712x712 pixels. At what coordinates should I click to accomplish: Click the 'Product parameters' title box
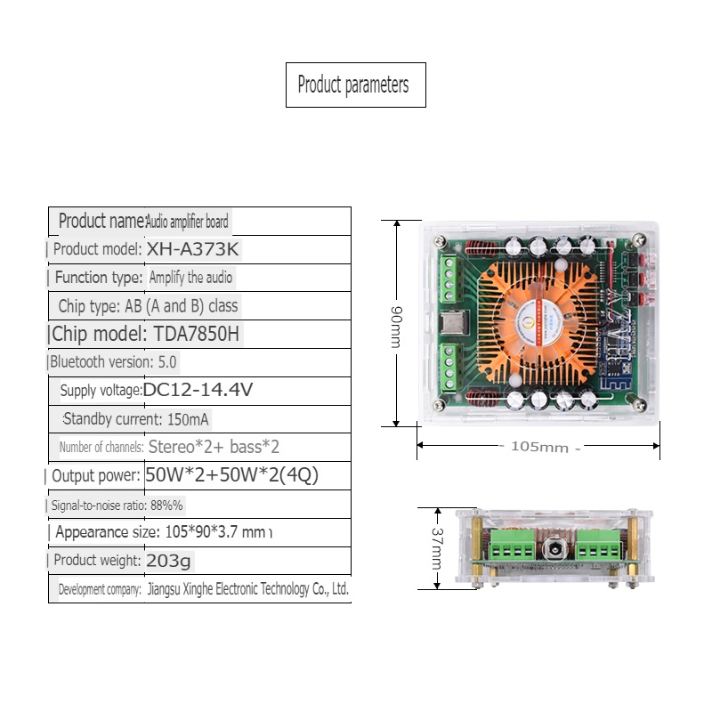pyautogui.click(x=355, y=85)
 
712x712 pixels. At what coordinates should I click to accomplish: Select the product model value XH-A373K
pyautogui.click(x=193, y=249)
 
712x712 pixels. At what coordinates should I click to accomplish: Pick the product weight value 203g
pyautogui.click(x=168, y=561)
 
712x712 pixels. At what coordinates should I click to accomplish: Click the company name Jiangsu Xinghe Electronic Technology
pyautogui.click(x=247, y=589)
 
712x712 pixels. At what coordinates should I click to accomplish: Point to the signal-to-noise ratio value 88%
pyautogui.click(x=166, y=506)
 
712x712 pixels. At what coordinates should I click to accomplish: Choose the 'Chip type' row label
pyautogui.click(x=87, y=306)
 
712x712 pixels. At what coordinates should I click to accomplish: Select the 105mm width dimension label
pyautogui.click(x=538, y=447)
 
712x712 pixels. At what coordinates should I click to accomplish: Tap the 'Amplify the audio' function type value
pyautogui.click(x=190, y=278)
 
